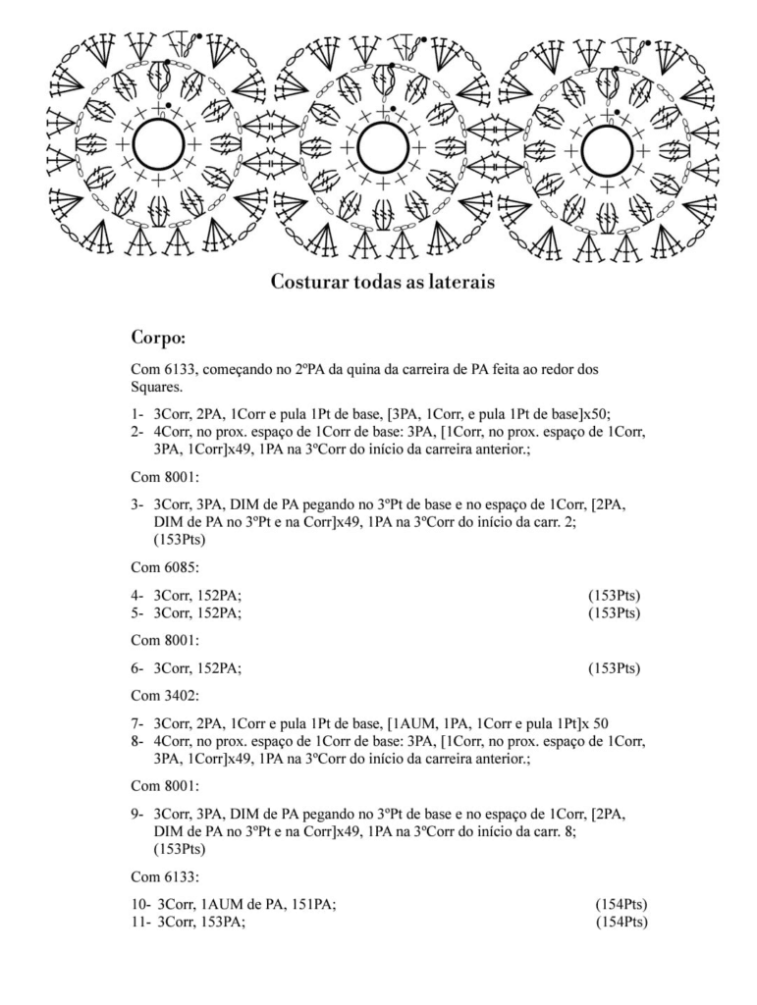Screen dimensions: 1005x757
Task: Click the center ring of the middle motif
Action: [x=382, y=147]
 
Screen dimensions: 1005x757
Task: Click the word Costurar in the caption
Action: [x=306, y=283]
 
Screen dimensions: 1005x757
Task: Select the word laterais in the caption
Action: [x=460, y=283]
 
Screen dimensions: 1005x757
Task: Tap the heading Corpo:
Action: [x=158, y=339]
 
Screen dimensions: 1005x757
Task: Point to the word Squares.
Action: [x=157, y=387]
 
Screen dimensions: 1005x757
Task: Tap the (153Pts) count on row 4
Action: [x=614, y=596]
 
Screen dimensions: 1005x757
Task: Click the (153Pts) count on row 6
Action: [x=614, y=668]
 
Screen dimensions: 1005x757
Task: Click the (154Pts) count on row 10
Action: [x=621, y=904]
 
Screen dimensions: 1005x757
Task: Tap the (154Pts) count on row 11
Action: [x=621, y=922]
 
